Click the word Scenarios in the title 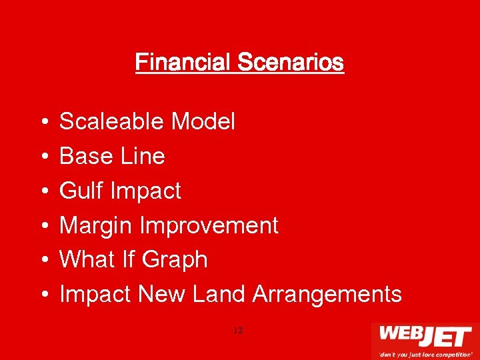click(290, 63)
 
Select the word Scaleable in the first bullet click(112, 121)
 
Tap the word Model click(203, 121)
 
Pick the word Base click(83, 156)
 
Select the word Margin click(96, 225)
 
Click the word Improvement click(208, 225)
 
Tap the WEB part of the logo click(400, 335)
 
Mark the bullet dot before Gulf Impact click(43, 191)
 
